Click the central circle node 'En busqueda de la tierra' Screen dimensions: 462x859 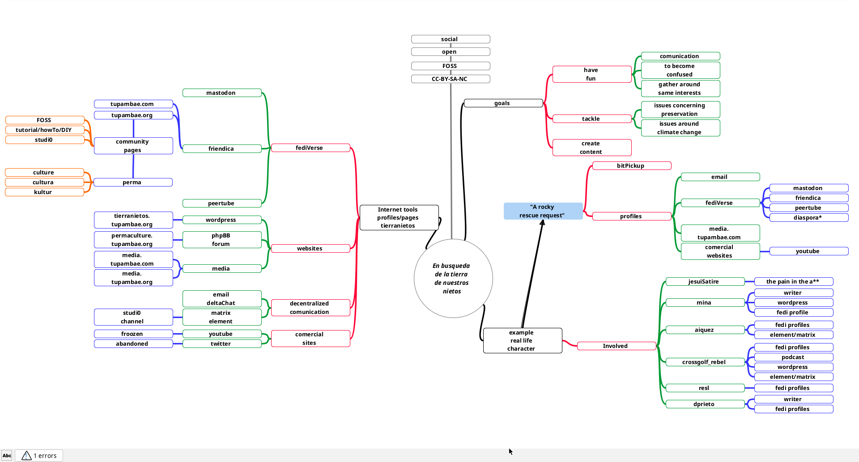click(x=453, y=278)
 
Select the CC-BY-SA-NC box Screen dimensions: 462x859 click(x=451, y=79)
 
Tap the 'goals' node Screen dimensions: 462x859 click(x=503, y=103)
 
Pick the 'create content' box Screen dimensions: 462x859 click(x=592, y=148)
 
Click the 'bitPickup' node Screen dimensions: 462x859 click(x=632, y=166)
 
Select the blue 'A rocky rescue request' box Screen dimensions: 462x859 click(x=543, y=211)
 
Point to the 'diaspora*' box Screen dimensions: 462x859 click(x=809, y=218)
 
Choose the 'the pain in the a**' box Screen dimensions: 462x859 click(x=794, y=282)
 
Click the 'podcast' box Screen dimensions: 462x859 click(x=794, y=357)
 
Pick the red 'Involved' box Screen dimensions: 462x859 click(x=617, y=346)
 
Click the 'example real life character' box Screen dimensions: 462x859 click(x=523, y=341)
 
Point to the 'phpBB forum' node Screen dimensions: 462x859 click(x=222, y=240)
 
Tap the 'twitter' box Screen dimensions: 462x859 click(x=222, y=344)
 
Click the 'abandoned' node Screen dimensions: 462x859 click(x=133, y=344)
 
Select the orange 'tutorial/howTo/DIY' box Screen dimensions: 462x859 click(x=45, y=130)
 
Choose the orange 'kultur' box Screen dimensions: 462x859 click(x=44, y=192)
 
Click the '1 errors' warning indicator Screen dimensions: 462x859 click(x=39, y=456)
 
